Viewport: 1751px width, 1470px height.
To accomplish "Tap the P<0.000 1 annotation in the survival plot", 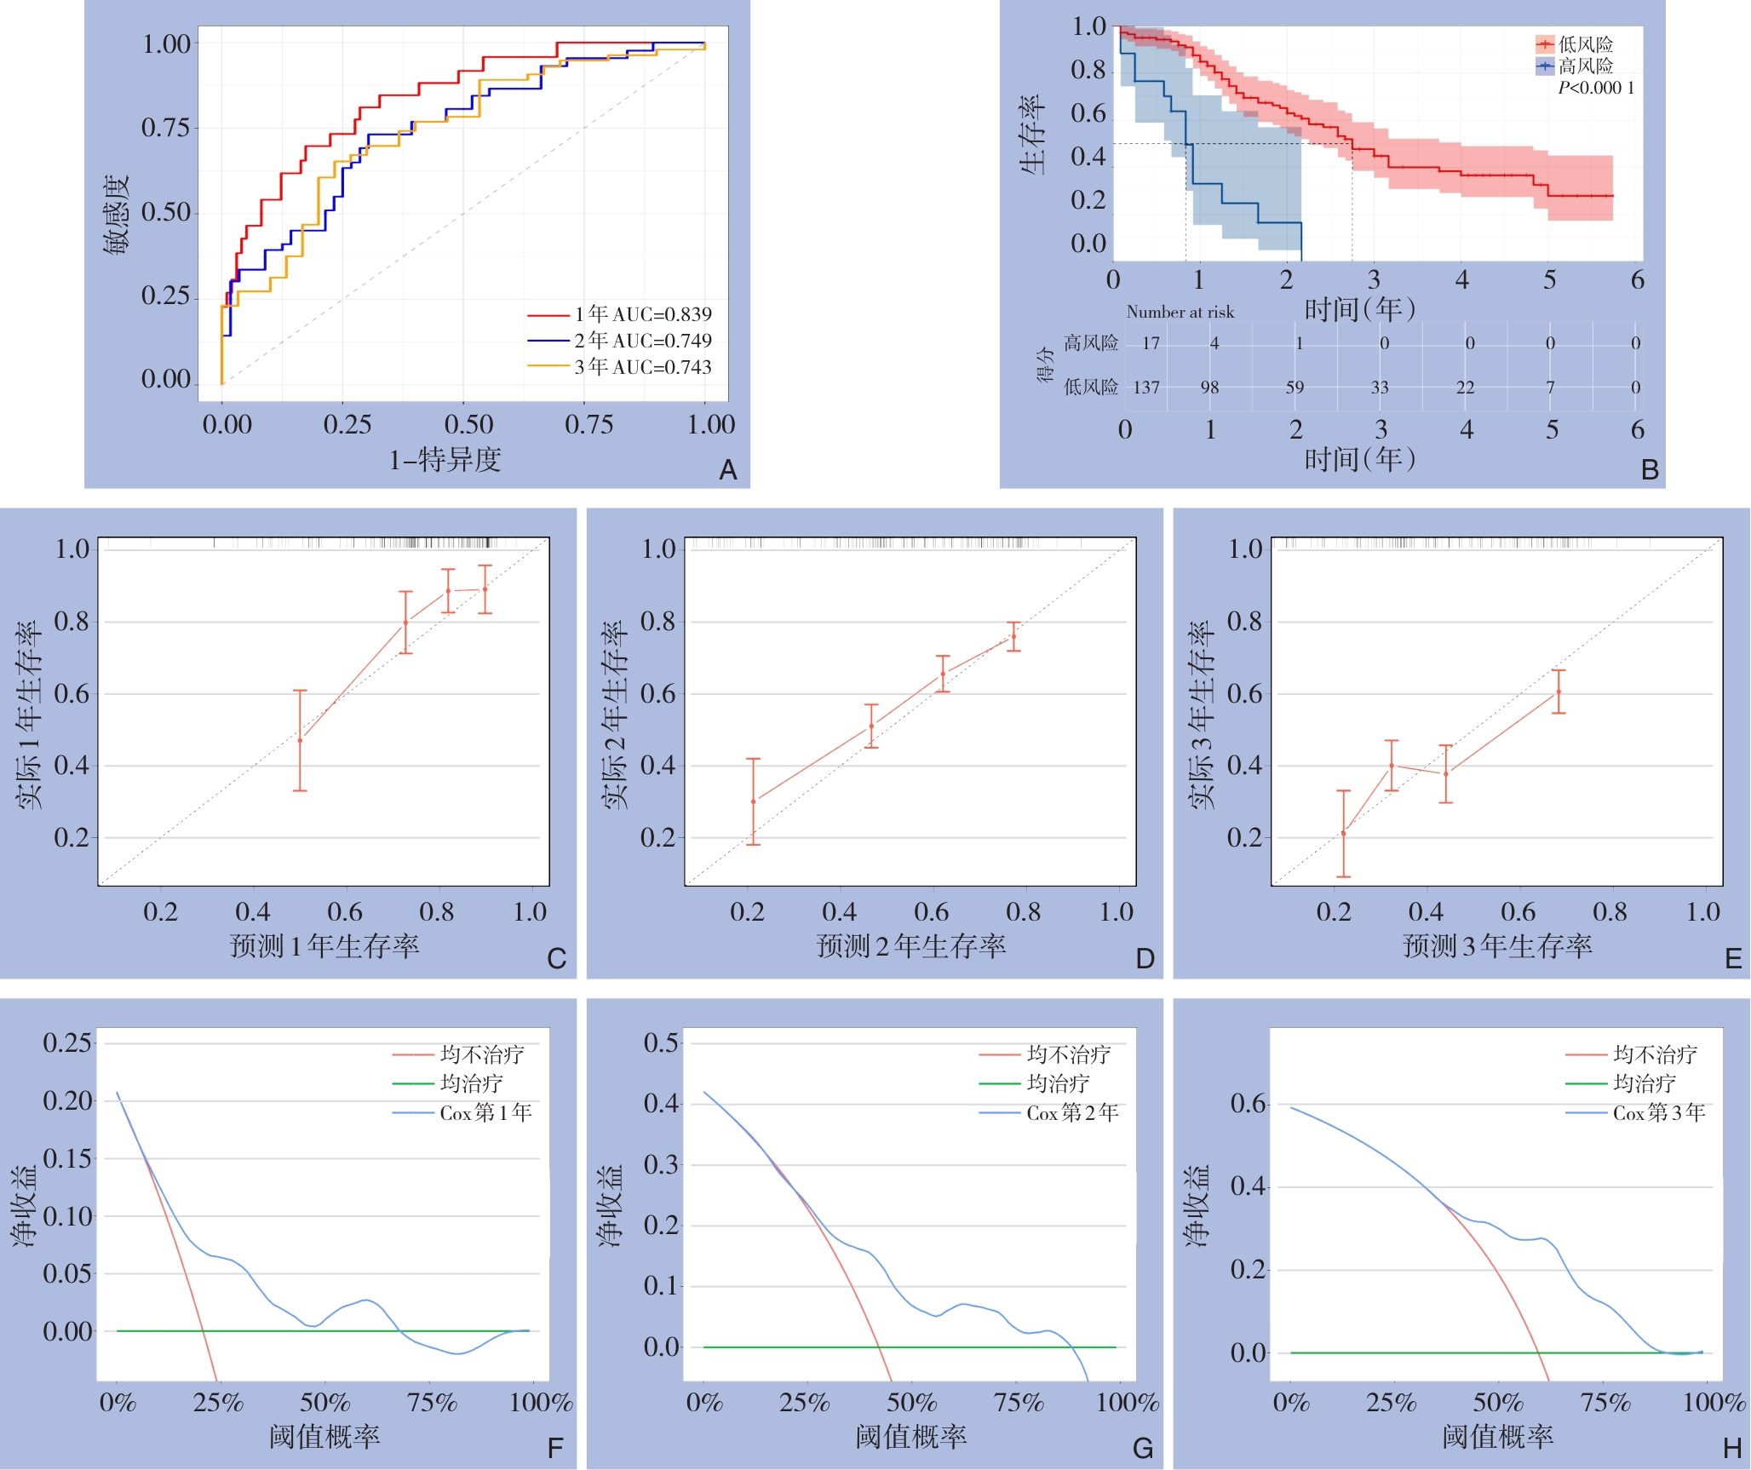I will click(1596, 88).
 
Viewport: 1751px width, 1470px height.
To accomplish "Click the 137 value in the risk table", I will click(1146, 388).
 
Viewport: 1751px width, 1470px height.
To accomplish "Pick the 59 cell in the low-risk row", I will click(1295, 388).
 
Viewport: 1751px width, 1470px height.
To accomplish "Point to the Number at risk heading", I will click(1180, 313).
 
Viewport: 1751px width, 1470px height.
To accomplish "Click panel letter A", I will click(727, 469).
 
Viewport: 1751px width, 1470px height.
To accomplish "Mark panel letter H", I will click(1731, 1448).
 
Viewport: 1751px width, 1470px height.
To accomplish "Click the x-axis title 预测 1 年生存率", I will click(324, 945).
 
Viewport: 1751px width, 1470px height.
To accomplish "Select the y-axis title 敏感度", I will click(117, 214).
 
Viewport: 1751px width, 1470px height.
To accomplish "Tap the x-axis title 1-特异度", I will click(445, 460).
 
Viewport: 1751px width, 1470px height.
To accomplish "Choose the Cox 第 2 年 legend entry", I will click(1072, 1112).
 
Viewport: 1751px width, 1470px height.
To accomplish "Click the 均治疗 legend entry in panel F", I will click(471, 1083).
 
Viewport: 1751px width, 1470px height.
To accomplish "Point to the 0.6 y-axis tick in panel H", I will click(1249, 1104).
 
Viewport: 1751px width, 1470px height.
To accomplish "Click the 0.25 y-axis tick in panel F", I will click(67, 1042).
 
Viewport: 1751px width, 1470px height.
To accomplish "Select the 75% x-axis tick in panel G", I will click(1018, 1402).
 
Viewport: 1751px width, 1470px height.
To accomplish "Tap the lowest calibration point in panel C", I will click(300, 740).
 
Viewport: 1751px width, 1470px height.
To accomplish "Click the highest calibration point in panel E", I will click(1559, 692).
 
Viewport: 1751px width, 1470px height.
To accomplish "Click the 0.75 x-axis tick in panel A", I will click(588, 424).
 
